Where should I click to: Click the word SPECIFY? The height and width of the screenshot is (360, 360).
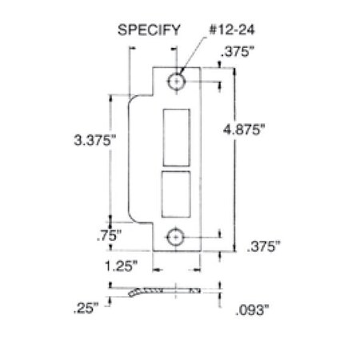(149, 30)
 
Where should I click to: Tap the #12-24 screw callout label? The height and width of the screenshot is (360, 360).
(231, 30)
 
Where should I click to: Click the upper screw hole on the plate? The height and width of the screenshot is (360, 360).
(176, 81)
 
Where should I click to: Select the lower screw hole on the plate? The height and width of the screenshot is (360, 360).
(175, 237)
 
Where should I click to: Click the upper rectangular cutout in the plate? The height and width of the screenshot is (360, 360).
(177, 138)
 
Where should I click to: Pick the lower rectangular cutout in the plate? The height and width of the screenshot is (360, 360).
(176, 194)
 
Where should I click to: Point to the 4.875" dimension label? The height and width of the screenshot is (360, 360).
(244, 130)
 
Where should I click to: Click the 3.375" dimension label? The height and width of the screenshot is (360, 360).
(95, 140)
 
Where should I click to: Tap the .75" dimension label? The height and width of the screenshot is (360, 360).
(109, 236)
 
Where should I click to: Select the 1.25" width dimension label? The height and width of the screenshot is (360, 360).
(121, 266)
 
